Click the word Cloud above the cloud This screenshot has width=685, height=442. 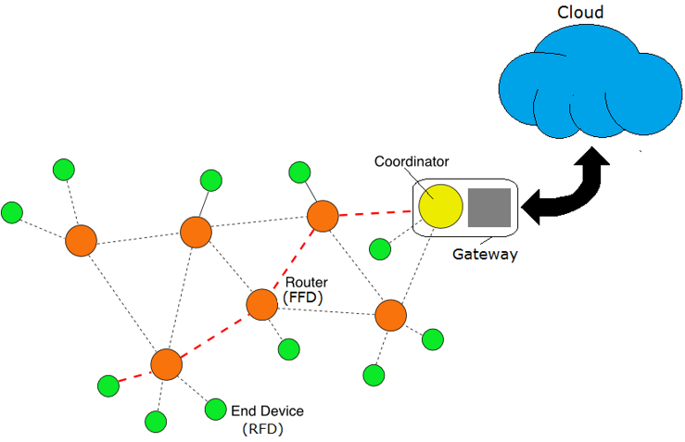[580, 12]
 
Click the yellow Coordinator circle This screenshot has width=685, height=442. [440, 207]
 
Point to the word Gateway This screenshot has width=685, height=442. [485, 254]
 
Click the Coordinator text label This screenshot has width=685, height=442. [412, 161]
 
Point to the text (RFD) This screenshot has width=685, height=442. [262, 429]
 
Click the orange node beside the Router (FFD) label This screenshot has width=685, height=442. [262, 305]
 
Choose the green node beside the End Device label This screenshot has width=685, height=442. [215, 408]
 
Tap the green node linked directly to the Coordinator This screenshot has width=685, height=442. [380, 248]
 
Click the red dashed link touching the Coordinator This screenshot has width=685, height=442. [375, 214]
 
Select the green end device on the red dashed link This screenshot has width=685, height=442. [108, 385]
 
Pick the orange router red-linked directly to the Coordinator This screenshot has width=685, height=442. [323, 216]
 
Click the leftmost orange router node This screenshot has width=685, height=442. [81, 241]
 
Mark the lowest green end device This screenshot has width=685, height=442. [156, 422]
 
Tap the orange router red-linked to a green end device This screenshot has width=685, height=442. [166, 364]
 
